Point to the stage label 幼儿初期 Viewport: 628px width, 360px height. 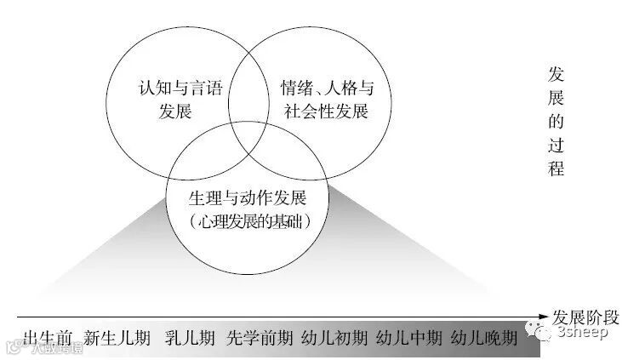pos(334,338)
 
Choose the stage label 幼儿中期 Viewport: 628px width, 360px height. pos(408,338)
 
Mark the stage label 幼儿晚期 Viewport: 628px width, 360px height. pos(483,338)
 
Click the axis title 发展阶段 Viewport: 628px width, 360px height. pos(587,315)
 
